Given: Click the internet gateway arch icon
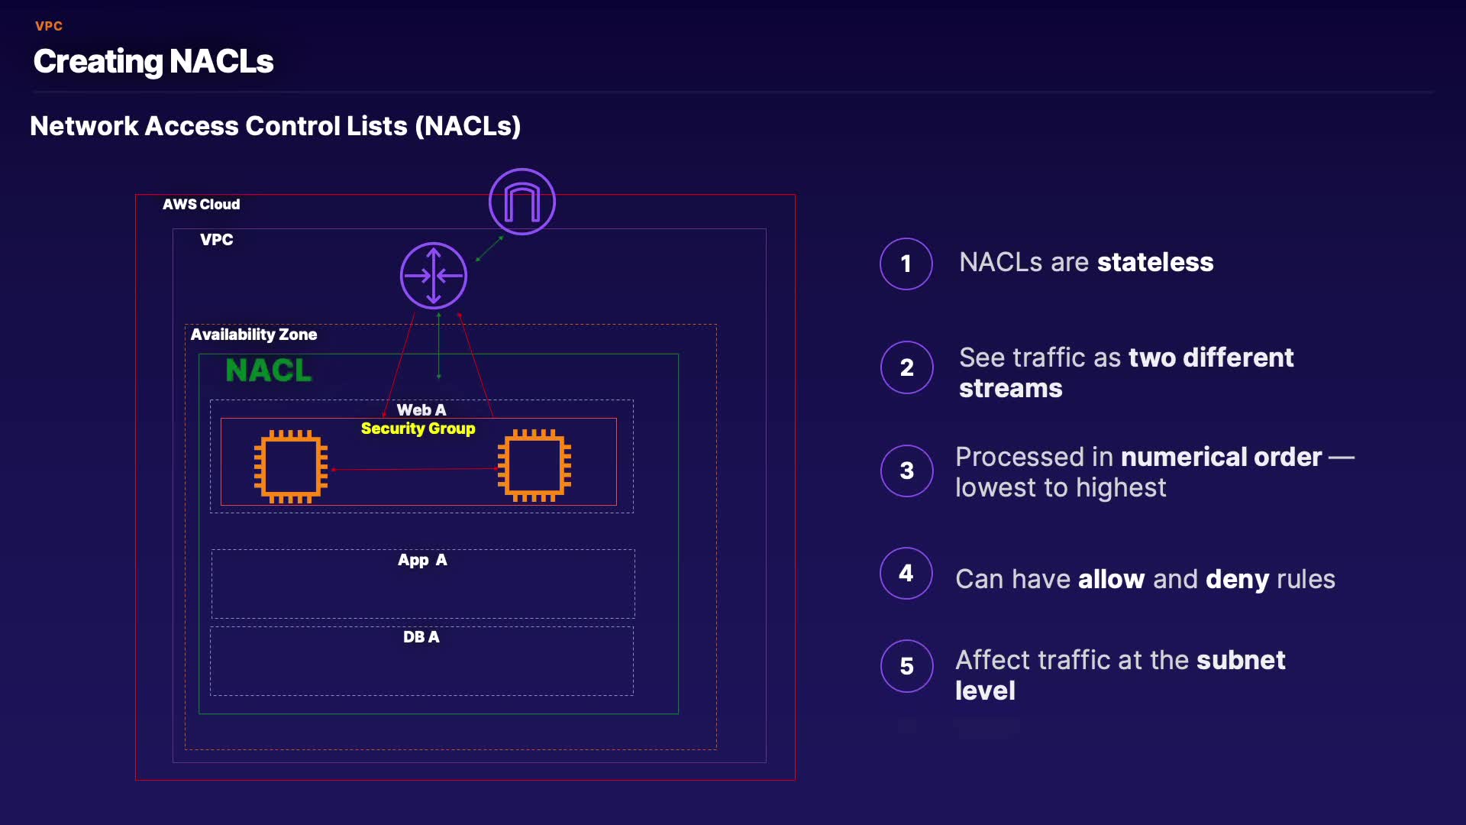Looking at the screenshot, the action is click(522, 202).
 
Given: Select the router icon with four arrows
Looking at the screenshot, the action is click(434, 276).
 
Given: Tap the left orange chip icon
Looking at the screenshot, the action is click(291, 466).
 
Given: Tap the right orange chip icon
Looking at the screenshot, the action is click(534, 465).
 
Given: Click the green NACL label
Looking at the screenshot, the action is click(269, 370).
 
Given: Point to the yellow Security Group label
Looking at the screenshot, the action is click(418, 429).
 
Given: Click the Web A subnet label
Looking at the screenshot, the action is click(421, 410).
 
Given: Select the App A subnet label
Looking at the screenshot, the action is click(422, 560).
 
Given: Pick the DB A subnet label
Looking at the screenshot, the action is click(421, 637).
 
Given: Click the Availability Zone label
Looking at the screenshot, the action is click(253, 335).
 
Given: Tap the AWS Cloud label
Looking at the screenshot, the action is click(201, 204).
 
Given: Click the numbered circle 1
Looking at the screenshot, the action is click(906, 264).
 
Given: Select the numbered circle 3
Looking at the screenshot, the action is click(907, 471).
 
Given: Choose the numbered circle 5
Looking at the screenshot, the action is click(907, 666).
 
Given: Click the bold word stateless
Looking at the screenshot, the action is click(1155, 262).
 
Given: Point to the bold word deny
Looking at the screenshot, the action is click(1237, 579).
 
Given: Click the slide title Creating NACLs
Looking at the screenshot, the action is click(153, 61).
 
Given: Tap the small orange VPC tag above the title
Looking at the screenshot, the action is click(49, 26).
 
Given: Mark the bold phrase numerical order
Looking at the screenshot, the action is click(1222, 457).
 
